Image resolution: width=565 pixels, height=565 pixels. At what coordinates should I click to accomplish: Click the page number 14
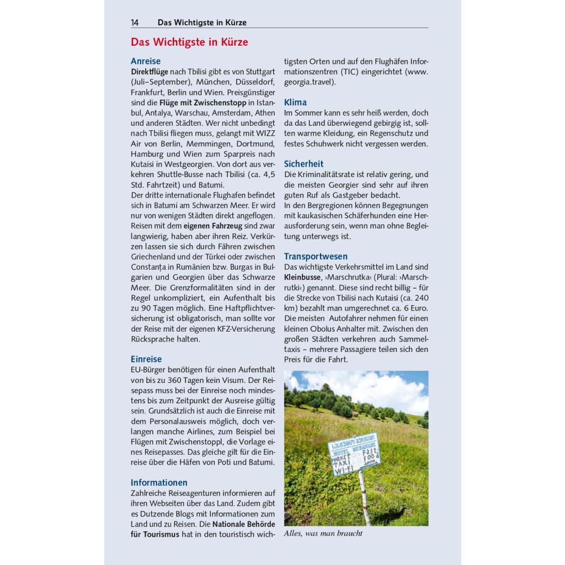pyautogui.click(x=135, y=23)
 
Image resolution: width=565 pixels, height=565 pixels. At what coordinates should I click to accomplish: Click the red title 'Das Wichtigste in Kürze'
pyautogui.click(x=189, y=42)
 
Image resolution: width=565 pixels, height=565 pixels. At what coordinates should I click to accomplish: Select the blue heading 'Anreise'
pyautogui.click(x=146, y=61)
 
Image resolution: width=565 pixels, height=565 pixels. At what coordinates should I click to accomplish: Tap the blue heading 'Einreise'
pyautogui.click(x=146, y=359)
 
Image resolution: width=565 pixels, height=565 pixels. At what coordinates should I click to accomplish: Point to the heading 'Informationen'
pyautogui.click(x=159, y=482)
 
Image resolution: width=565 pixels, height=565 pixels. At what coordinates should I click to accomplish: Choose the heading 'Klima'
pyautogui.click(x=295, y=102)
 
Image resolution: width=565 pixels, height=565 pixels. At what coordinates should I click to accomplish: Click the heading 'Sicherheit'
pyautogui.click(x=303, y=164)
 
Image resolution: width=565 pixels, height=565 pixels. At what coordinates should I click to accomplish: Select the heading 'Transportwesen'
pyautogui.click(x=316, y=256)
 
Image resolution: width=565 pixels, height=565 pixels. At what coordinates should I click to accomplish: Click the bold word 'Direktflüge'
pyautogui.click(x=149, y=72)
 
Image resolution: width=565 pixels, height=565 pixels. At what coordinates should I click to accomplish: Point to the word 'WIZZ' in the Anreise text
pyautogui.click(x=264, y=134)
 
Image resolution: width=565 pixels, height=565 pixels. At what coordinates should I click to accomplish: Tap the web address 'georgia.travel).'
pyautogui.click(x=310, y=82)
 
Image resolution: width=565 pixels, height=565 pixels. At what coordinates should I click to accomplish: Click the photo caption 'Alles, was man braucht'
pyautogui.click(x=323, y=534)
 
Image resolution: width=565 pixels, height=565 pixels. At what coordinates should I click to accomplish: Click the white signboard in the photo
pyautogui.click(x=353, y=452)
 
